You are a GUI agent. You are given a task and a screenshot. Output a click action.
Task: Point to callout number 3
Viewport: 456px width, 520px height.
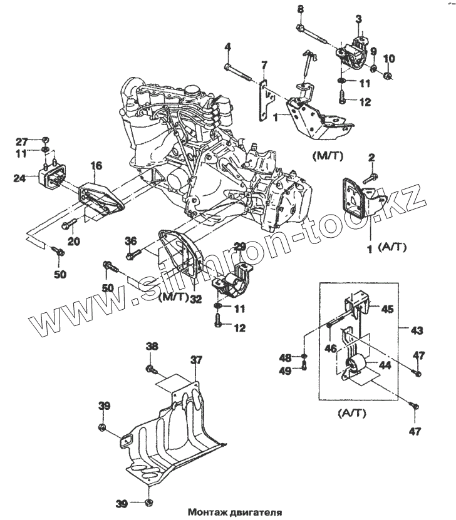pyautogui.click(x=359, y=19)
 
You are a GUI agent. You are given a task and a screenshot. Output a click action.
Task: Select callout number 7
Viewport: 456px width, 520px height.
pyautogui.click(x=264, y=64)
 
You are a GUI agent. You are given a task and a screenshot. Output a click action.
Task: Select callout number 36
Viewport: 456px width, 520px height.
pyautogui.click(x=130, y=241)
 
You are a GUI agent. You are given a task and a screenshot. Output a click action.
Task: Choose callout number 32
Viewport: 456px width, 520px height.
pyautogui.click(x=197, y=299)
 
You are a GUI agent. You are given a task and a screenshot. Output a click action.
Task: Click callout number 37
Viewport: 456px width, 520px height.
pyautogui.click(x=197, y=360)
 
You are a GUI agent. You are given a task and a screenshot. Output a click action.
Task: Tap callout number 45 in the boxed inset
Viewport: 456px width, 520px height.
pyautogui.click(x=388, y=308)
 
